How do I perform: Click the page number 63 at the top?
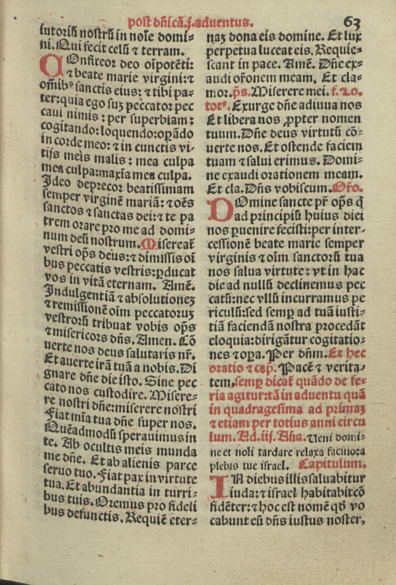pyautogui.click(x=352, y=24)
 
